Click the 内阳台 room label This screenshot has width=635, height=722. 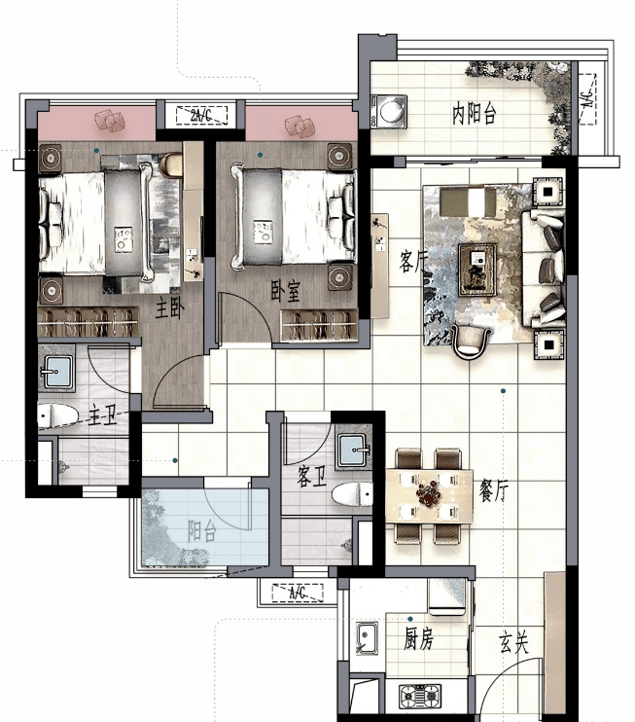pyautogui.click(x=474, y=113)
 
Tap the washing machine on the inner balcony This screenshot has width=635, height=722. pyautogui.click(x=389, y=111)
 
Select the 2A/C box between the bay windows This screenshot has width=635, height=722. pyautogui.click(x=201, y=116)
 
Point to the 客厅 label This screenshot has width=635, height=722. pyautogui.click(x=412, y=262)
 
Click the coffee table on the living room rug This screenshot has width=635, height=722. pyautogui.click(x=477, y=270)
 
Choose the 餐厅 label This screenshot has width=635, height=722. pyautogui.click(x=493, y=490)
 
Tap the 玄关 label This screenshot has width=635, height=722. pyautogui.click(x=513, y=642)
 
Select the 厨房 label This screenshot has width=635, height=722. pyautogui.click(x=419, y=638)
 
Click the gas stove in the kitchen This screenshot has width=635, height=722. pyautogui.click(x=419, y=696)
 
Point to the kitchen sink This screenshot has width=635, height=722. pyautogui.click(x=367, y=637)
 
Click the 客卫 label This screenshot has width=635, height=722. pyautogui.click(x=311, y=476)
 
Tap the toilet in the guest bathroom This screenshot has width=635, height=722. pyautogui.click(x=352, y=494)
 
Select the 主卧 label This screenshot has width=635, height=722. pyautogui.click(x=170, y=308)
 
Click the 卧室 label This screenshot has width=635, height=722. pyautogui.click(x=285, y=291)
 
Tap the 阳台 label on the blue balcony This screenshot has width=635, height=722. pyautogui.click(x=202, y=531)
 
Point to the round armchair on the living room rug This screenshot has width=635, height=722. pyautogui.click(x=471, y=342)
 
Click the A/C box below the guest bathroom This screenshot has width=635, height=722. pyautogui.click(x=298, y=593)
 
